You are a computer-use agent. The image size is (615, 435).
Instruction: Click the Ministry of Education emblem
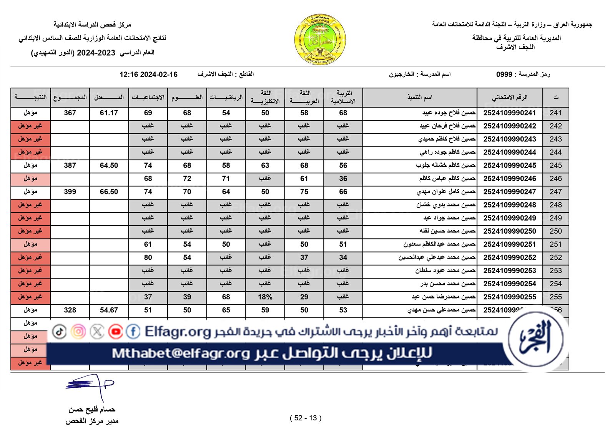[320, 40]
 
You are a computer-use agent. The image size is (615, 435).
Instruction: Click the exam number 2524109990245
[509, 165]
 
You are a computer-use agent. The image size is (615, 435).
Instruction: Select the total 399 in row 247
[70, 192]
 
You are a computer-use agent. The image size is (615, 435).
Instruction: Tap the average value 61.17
[109, 113]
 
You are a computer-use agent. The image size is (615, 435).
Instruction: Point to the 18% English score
[265, 297]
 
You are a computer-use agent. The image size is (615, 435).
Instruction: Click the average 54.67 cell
[109, 310]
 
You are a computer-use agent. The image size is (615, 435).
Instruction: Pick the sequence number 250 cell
[555, 231]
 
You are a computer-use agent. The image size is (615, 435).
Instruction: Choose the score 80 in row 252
[148, 257]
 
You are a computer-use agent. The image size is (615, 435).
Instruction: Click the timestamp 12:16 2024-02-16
[148, 75]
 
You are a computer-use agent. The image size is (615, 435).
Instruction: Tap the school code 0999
[504, 75]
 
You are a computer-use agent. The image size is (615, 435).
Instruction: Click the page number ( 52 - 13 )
[306, 418]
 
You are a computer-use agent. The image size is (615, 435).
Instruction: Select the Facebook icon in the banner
[133, 331]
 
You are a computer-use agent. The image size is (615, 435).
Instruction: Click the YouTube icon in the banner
[115, 331]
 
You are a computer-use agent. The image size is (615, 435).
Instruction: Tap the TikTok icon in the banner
[59, 331]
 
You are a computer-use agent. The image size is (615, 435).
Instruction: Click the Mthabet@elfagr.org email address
[181, 353]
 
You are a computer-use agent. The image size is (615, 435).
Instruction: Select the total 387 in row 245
[70, 166]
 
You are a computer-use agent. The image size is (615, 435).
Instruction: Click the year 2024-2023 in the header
[96, 53]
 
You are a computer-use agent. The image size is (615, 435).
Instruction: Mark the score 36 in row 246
[343, 179]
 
